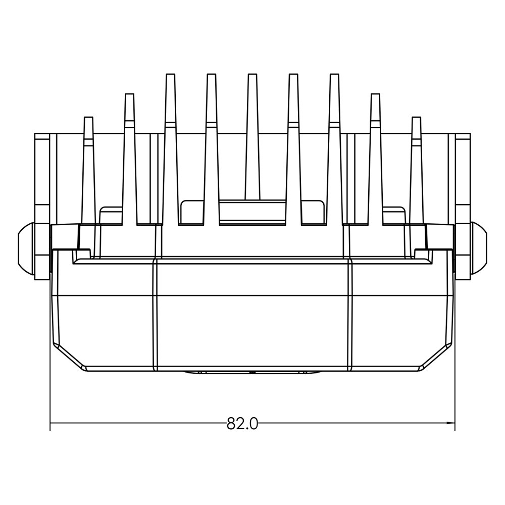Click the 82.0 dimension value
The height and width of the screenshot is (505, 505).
[242, 424]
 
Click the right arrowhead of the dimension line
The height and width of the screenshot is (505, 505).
[450, 423]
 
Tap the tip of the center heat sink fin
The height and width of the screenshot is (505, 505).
[252, 74]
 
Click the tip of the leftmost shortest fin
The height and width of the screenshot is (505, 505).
[88, 118]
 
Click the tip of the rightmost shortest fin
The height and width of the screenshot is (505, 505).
[417, 118]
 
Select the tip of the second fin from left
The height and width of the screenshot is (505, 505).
[129, 94]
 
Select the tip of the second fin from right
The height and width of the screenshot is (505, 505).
[376, 94]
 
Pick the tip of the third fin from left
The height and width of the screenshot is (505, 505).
[170, 74]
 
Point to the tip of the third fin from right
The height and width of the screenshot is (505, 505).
[335, 74]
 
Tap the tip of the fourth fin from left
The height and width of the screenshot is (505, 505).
[211, 74]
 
